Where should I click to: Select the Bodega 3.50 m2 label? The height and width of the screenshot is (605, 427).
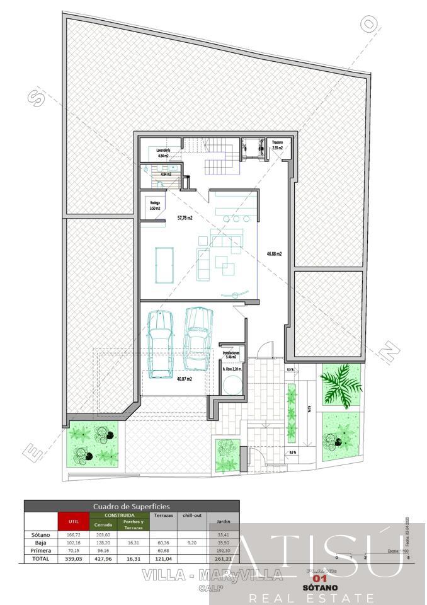click(x=155, y=205)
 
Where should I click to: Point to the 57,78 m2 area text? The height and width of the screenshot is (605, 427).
click(x=185, y=218)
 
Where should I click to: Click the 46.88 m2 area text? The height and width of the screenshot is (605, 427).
click(x=273, y=254)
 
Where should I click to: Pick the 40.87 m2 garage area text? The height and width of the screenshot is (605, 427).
click(x=184, y=379)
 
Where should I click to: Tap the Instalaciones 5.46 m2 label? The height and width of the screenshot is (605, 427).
click(x=231, y=355)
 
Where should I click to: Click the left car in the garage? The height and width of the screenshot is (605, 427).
click(x=160, y=343)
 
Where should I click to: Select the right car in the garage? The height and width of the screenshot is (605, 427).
click(x=198, y=338)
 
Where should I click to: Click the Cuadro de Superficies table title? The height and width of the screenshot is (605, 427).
click(x=131, y=506)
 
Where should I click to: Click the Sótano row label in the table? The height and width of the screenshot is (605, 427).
click(x=40, y=534)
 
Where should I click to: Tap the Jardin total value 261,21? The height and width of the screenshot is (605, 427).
click(x=223, y=558)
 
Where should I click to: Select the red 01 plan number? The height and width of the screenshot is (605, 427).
click(x=321, y=578)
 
